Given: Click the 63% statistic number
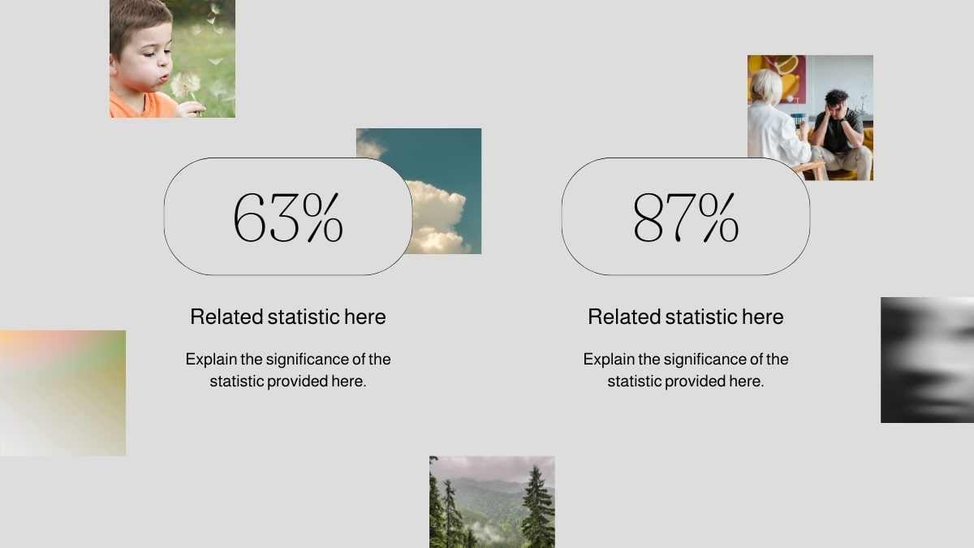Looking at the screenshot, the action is (x=288, y=218).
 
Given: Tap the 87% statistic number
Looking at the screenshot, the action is (x=686, y=218).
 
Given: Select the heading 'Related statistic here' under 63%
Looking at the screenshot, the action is (x=288, y=317).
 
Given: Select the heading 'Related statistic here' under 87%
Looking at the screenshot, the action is (x=686, y=317).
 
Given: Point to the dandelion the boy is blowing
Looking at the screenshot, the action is (x=186, y=84).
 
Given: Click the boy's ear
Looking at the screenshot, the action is (x=113, y=65).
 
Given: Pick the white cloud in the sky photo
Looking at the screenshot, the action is (x=435, y=218).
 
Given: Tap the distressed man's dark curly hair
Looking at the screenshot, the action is (x=837, y=97).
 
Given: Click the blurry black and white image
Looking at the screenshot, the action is (x=927, y=360).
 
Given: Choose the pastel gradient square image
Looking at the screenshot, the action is (x=63, y=393).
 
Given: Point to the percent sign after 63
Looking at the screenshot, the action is (x=323, y=218).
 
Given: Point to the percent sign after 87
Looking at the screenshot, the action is (x=719, y=218).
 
